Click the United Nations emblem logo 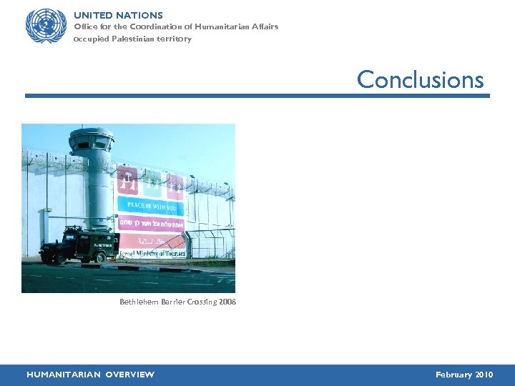[46, 26]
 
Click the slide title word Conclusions [420, 79]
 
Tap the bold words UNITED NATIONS [118, 15]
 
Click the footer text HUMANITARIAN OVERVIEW [90, 375]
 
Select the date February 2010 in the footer [463, 375]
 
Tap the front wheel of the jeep [102, 256]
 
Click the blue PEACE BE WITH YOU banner [151, 205]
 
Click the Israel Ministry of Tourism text [152, 253]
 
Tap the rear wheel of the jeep [51, 257]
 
